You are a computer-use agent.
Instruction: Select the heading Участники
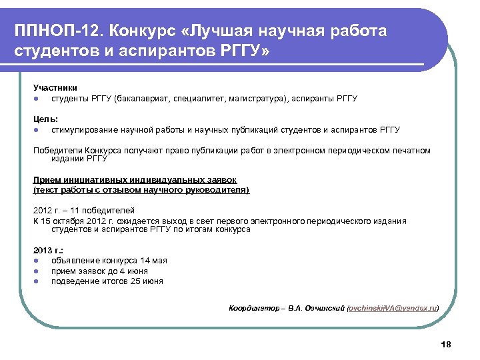click(x=55, y=87)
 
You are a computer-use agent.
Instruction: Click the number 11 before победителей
click(x=75, y=210)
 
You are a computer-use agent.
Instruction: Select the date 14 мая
click(x=154, y=260)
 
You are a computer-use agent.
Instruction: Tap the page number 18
click(x=446, y=344)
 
